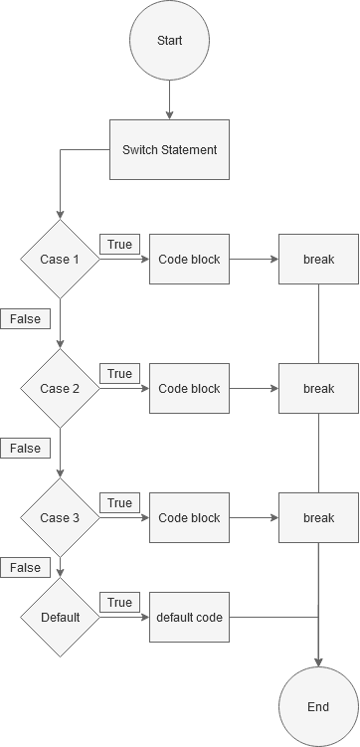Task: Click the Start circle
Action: (169, 41)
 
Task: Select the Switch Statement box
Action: (169, 150)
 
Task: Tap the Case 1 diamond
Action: (60, 260)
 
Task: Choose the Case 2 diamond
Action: (60, 389)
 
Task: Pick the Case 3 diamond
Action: (60, 518)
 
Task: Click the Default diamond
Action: (60, 618)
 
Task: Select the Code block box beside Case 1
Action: (189, 260)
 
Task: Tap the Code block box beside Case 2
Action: (189, 389)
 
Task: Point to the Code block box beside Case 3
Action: (189, 518)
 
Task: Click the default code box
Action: (189, 618)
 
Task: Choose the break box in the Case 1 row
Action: (318, 260)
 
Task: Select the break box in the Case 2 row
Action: (318, 389)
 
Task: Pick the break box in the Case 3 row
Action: (318, 518)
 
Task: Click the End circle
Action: (318, 707)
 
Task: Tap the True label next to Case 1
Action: (119, 245)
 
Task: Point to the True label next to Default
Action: (119, 603)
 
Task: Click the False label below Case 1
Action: (26, 319)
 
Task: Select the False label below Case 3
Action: (26, 568)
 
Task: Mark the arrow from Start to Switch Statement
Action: (169, 99)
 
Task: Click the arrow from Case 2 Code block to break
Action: (254, 389)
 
